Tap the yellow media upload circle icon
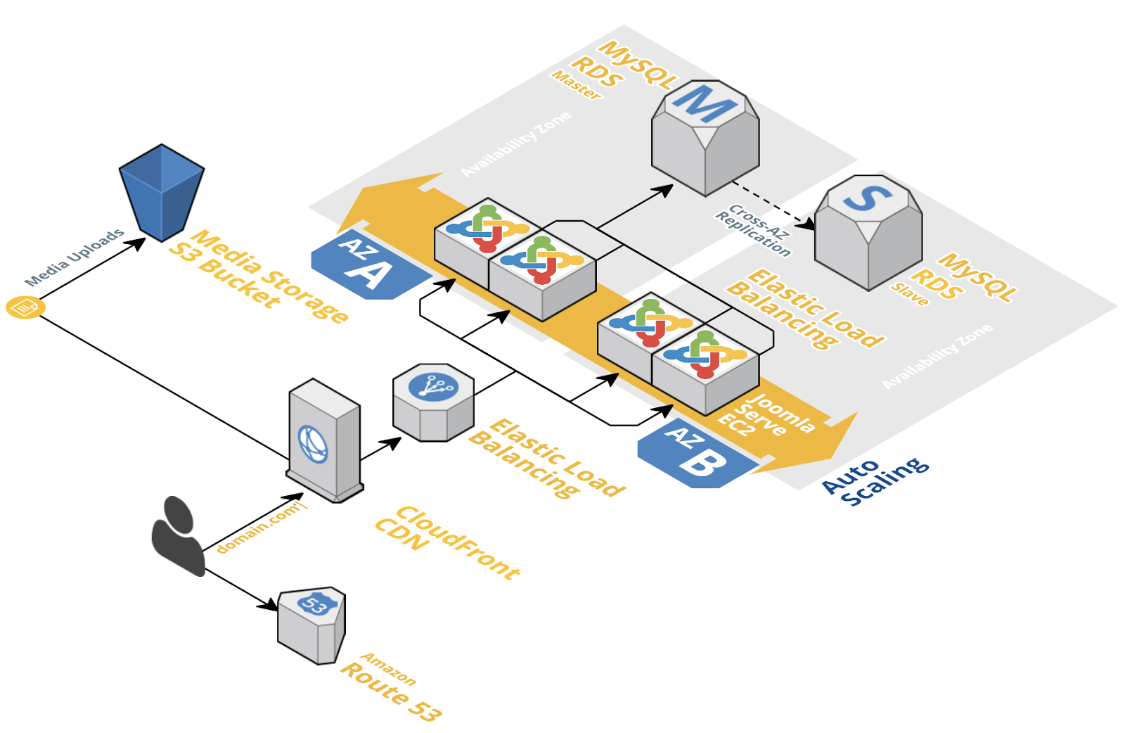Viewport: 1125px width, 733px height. pyautogui.click(x=25, y=307)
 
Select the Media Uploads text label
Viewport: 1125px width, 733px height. pyautogui.click(x=75, y=257)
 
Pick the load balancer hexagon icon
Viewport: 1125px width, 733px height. pyautogui.click(x=433, y=402)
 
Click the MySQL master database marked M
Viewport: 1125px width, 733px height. pyautogui.click(x=705, y=138)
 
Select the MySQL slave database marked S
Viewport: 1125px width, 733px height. pyautogui.click(x=868, y=233)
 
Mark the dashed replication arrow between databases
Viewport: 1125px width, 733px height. pyautogui.click(x=773, y=205)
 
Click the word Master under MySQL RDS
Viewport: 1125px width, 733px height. pyautogui.click(x=577, y=85)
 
